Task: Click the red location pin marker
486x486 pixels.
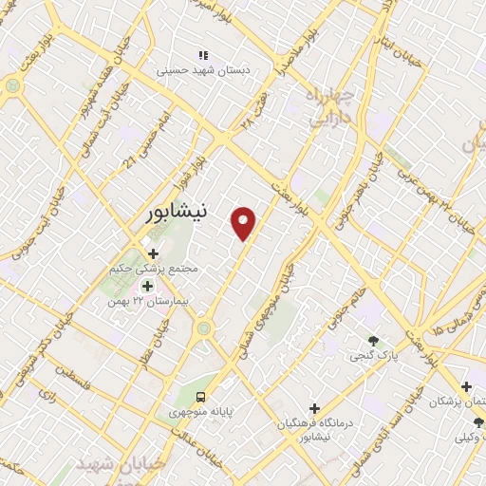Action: pos(245,223)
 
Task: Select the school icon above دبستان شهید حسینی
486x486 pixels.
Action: pos(202,54)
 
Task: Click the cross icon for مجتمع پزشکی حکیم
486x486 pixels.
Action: pos(152,253)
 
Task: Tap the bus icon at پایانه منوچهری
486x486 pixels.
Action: pos(200,396)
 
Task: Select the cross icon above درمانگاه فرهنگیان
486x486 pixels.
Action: pos(314,408)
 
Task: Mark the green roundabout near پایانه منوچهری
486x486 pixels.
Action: pos(202,328)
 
